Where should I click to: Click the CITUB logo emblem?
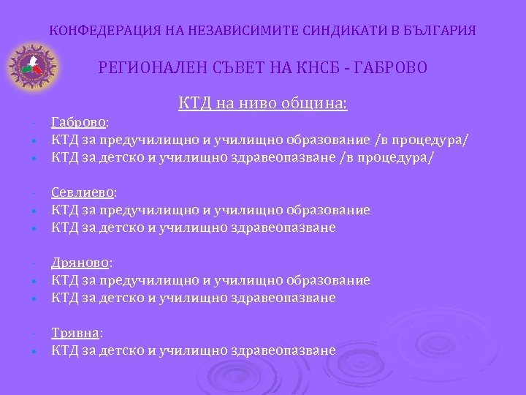[31, 67]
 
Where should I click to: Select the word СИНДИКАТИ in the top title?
[325, 31]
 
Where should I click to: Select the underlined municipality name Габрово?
[78, 122]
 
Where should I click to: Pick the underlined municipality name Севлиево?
[83, 192]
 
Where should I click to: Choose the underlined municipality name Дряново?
[80, 263]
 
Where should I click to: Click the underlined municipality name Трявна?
[75, 333]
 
